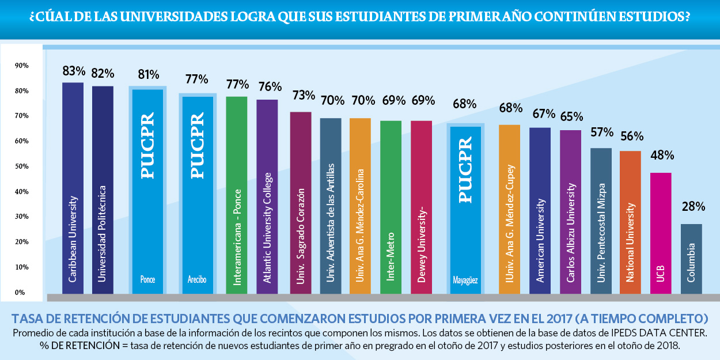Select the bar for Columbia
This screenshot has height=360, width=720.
[x=691, y=259]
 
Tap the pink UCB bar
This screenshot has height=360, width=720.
[x=661, y=233]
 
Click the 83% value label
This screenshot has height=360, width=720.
[x=74, y=71]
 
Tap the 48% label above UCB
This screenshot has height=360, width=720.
[x=662, y=156]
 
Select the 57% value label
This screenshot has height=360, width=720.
[x=601, y=132]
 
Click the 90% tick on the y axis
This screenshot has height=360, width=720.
[x=22, y=66]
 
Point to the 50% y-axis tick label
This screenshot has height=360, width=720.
[x=22, y=166]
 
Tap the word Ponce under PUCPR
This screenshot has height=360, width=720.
[x=147, y=280]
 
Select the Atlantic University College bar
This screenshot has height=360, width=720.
[x=267, y=196]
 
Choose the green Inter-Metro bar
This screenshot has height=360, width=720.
[x=391, y=207]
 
